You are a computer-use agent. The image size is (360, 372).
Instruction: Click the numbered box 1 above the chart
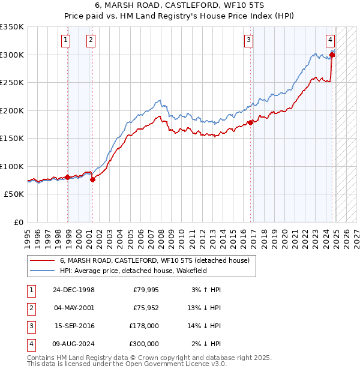click(65, 41)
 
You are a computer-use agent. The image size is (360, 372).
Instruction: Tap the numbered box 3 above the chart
click(248, 41)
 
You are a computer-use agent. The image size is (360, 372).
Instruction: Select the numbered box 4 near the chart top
click(330, 41)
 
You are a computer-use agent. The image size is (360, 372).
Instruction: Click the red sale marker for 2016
click(250, 123)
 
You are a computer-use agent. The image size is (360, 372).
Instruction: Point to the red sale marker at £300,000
click(332, 55)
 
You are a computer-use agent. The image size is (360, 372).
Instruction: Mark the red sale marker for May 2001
click(92, 179)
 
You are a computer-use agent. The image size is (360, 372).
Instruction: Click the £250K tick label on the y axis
click(12, 83)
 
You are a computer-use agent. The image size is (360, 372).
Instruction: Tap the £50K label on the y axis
click(14, 194)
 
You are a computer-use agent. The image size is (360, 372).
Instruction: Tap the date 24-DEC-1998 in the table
click(74, 290)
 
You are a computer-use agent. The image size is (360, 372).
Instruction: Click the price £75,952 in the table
click(146, 308)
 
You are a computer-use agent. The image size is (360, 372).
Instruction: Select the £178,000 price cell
click(144, 326)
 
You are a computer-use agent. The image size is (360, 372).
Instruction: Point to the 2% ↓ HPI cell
click(206, 344)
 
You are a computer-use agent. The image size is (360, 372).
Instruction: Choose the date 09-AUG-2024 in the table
click(74, 344)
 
